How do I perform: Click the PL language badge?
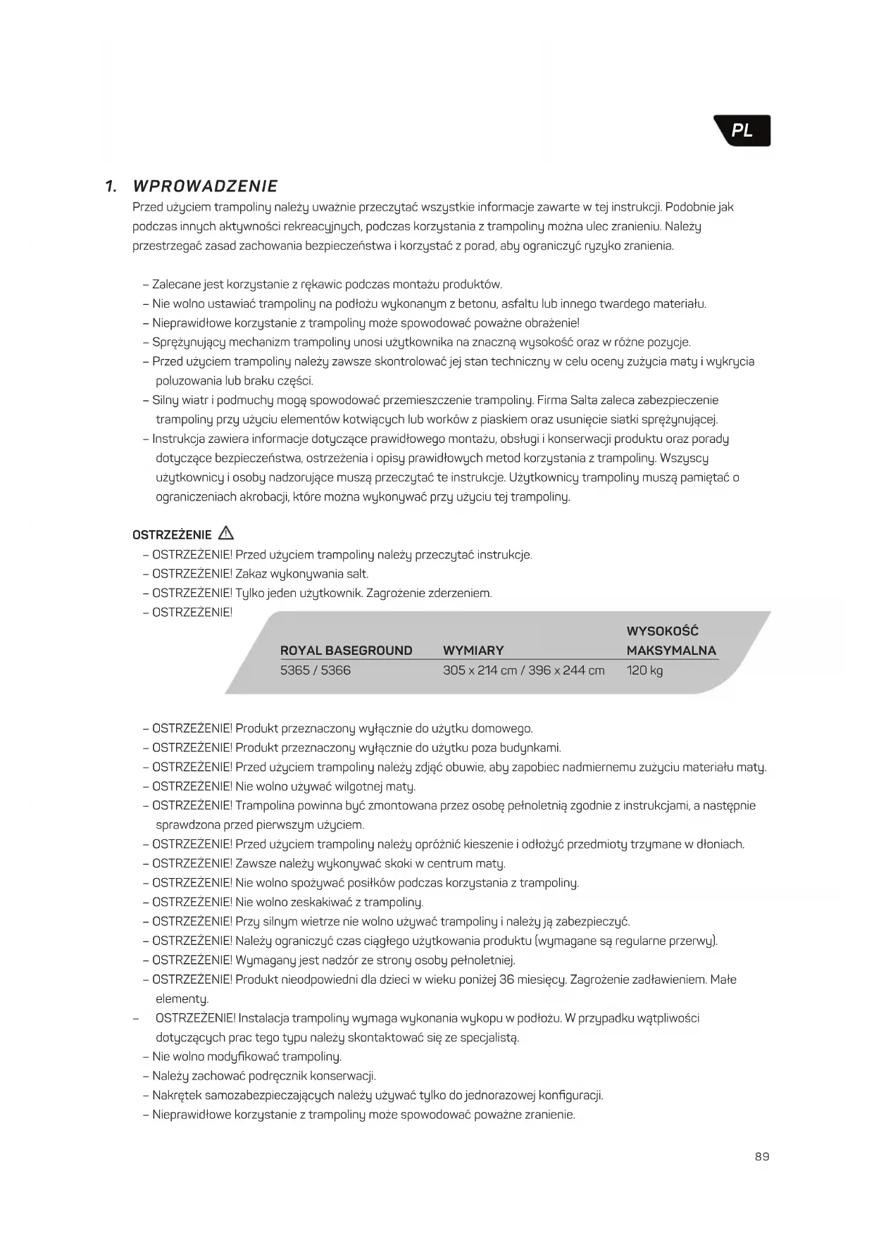(x=742, y=131)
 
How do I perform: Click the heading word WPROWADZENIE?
(x=205, y=187)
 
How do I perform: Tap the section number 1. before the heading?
(x=111, y=187)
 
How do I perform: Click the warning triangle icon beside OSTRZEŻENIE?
(x=226, y=532)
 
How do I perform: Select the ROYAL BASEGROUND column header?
(x=346, y=651)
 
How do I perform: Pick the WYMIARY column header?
(x=473, y=651)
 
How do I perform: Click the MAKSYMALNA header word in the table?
(x=671, y=651)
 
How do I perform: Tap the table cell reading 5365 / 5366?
(x=315, y=670)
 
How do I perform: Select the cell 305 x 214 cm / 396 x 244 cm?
(x=523, y=670)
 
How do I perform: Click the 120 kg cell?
(x=644, y=670)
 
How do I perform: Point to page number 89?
(x=762, y=1156)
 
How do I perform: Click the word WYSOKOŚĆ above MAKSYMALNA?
(x=662, y=631)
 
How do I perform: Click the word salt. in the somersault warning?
(x=357, y=574)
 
